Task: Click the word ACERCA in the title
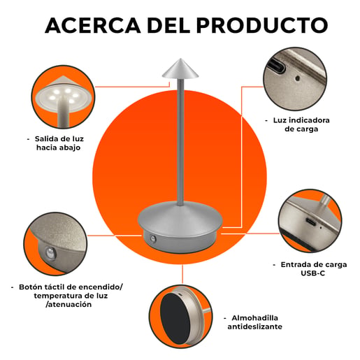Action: (93, 25)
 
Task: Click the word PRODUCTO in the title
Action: (262, 25)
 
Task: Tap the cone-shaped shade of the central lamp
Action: (180, 69)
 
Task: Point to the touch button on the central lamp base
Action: (153, 238)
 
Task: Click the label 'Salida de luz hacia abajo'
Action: (58, 143)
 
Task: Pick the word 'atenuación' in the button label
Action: (69, 304)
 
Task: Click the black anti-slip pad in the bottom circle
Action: (175, 319)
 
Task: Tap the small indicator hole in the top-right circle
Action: (297, 78)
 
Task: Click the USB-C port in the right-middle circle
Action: (311, 222)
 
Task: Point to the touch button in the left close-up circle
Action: (50, 253)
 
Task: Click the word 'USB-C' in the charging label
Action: (312, 273)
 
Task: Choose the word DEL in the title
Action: (168, 25)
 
